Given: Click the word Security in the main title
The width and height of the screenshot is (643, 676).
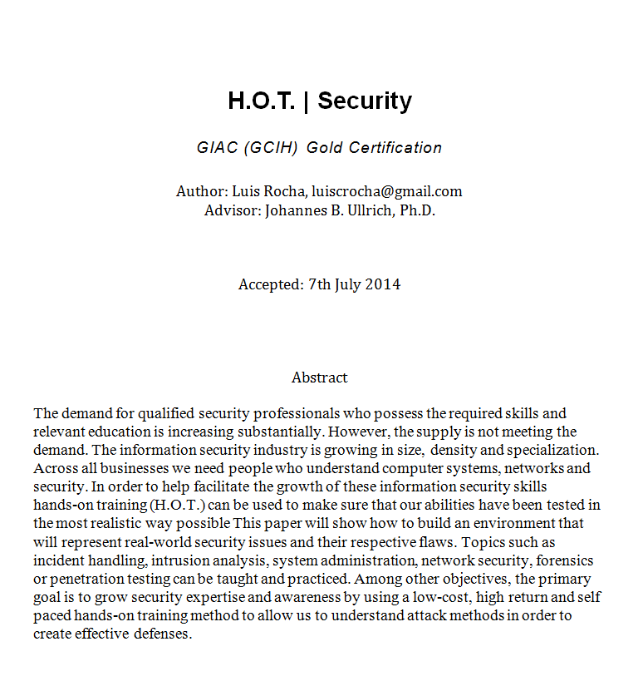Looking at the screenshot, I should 364,101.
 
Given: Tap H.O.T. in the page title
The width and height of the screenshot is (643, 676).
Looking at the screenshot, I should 261,101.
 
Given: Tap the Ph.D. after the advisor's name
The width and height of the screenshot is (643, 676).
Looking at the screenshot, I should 417,210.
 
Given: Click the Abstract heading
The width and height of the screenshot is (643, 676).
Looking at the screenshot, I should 319,377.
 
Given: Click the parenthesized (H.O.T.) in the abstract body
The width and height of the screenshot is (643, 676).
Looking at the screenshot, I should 179,505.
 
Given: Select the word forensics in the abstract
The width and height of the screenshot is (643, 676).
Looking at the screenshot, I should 562,560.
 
